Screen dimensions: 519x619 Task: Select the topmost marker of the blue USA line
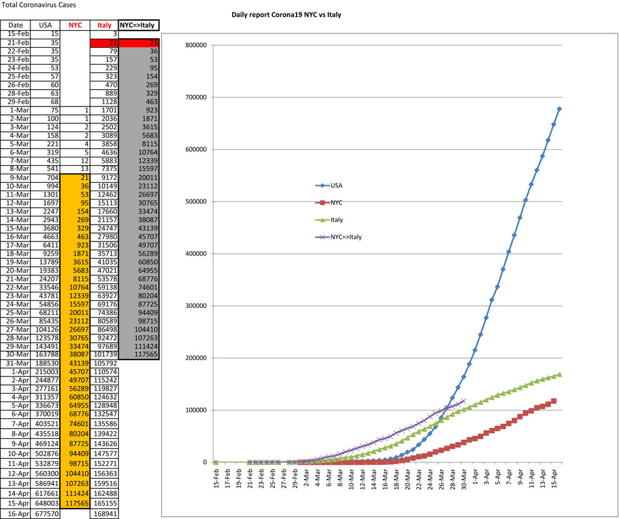coord(559,108)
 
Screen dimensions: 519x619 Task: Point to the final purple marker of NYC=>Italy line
coord(464,401)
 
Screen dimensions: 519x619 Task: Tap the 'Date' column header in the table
coord(15,25)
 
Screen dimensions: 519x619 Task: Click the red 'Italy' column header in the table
coord(104,25)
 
